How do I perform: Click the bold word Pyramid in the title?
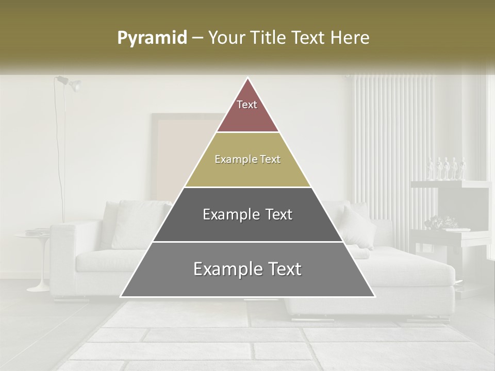pos(152,38)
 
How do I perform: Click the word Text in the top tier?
pos(247,105)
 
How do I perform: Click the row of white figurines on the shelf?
pos(447,168)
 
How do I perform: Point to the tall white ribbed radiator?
pos(392,144)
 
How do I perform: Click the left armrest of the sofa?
pos(64,252)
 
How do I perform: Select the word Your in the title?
pos(225,38)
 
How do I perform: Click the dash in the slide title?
pos(197,38)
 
